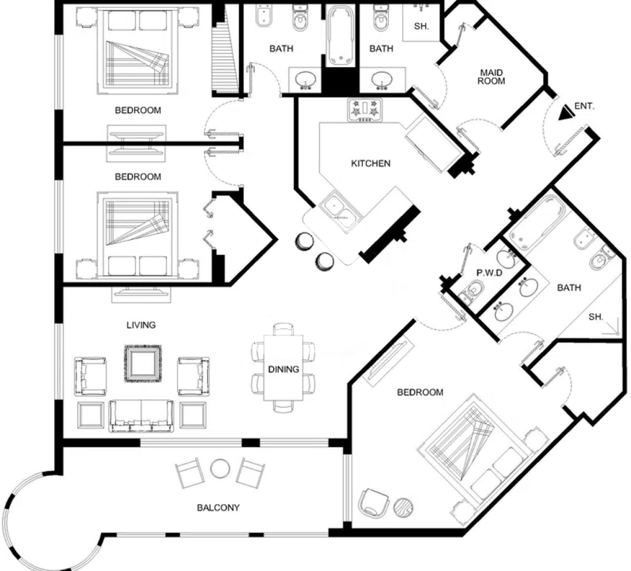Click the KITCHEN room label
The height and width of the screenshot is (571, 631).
coord(371,163)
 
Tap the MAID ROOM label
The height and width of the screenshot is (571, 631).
coord(491,77)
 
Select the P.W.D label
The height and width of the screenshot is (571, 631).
coord(489,273)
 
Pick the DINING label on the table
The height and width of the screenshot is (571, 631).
coord(283,369)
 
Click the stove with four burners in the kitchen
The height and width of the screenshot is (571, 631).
coord(365,110)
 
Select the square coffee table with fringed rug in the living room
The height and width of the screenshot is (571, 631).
coord(143,363)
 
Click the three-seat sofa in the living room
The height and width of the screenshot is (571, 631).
coord(141,416)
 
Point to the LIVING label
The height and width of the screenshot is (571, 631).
coord(141,325)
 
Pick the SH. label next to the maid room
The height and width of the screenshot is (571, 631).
coord(421,26)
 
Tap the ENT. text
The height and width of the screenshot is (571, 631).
coord(585,106)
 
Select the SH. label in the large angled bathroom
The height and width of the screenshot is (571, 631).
coord(596,317)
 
